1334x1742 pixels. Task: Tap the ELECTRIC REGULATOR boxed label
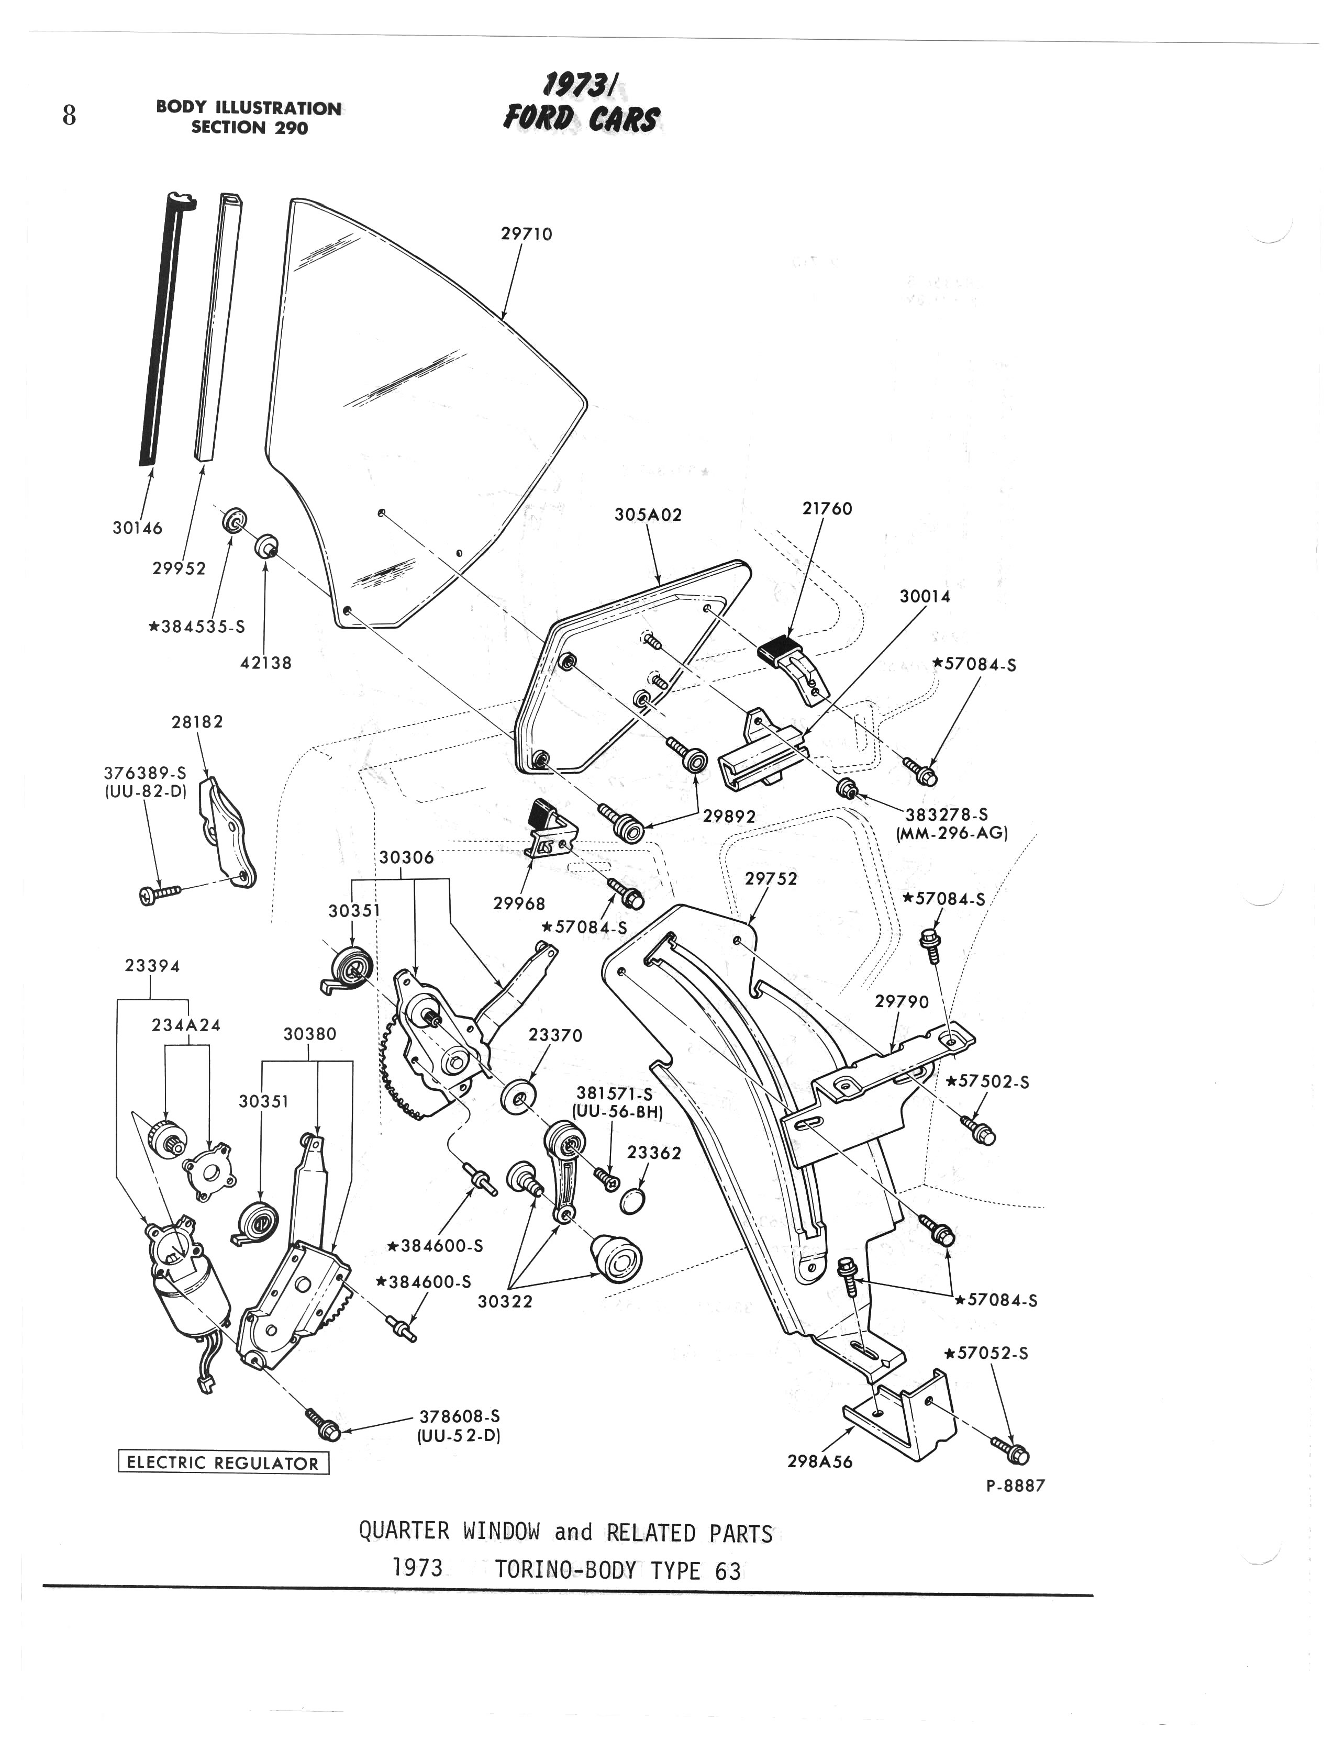click(223, 1462)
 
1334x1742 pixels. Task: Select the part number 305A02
click(648, 515)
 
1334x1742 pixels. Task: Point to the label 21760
click(827, 508)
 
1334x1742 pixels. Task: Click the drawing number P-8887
click(1016, 1485)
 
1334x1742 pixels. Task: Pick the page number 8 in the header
click(70, 116)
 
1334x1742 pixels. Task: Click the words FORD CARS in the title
click(581, 119)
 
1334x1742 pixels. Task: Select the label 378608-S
click(460, 1416)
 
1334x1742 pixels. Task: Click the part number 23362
click(654, 1153)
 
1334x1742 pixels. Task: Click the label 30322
click(505, 1301)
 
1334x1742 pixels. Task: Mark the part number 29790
click(901, 1002)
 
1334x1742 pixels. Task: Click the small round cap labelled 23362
click(630, 1200)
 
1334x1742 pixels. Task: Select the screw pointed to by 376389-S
click(159, 894)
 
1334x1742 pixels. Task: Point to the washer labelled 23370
click(518, 1096)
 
